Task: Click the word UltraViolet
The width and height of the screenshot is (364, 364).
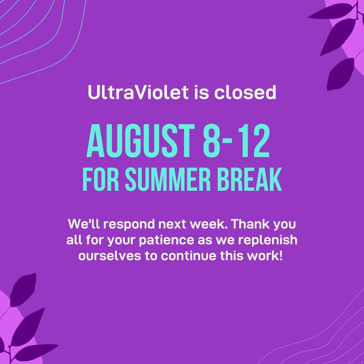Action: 138,92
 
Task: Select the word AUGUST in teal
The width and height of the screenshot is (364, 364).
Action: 141,141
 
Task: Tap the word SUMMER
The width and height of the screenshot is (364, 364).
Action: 168,180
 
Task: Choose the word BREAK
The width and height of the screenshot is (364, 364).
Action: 249,180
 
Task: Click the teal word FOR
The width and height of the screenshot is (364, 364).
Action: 101,180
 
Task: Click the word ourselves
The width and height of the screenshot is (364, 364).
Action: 110,256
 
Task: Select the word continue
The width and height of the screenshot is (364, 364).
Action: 188,256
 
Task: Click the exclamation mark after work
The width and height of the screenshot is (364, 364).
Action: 281,255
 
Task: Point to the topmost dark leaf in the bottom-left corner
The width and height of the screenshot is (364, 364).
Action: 23,290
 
